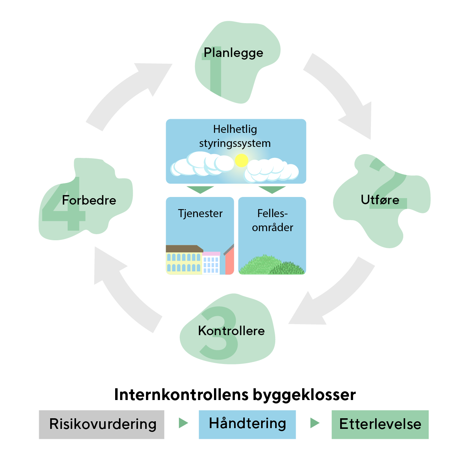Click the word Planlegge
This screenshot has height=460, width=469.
(233, 53)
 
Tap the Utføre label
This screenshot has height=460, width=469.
(380, 200)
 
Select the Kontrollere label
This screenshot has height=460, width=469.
(231, 331)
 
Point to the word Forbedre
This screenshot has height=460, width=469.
(89, 200)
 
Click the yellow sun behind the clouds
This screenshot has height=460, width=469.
(241, 161)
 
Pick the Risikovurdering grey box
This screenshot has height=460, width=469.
(101, 424)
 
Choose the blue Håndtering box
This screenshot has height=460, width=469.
(247, 424)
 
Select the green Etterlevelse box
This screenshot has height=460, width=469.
(380, 424)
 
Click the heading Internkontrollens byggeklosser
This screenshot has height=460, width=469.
(235, 395)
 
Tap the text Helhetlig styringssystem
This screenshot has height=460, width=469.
(235, 136)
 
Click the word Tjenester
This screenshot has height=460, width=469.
(200, 213)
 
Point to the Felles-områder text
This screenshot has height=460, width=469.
(273, 221)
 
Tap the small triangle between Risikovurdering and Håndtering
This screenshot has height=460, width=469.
(183, 423)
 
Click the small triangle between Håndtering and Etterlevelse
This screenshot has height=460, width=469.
(314, 423)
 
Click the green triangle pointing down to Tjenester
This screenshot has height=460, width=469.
(200, 189)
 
